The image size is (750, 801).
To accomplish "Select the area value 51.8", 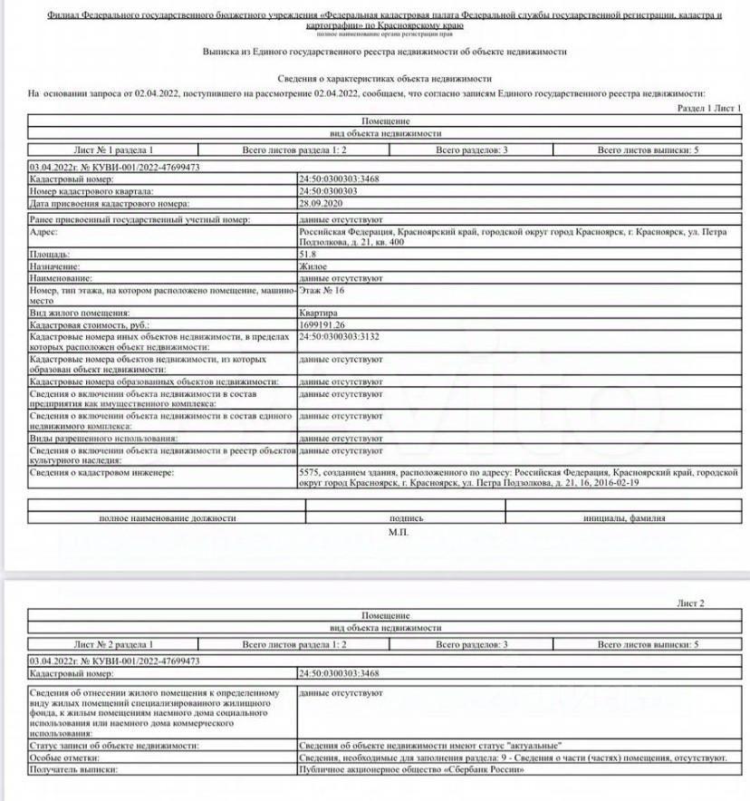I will (307, 255).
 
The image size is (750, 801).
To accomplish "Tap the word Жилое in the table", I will (313, 267).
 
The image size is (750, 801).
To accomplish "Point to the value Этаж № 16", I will (322, 291).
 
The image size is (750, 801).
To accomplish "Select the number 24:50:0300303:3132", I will (340, 336).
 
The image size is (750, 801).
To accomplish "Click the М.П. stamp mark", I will (399, 532).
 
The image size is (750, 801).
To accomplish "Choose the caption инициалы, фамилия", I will (624, 518).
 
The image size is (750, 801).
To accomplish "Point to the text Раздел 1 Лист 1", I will (709, 108).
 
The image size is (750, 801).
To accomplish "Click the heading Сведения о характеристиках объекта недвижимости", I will (384, 79).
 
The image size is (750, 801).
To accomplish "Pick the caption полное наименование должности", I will (167, 518).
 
